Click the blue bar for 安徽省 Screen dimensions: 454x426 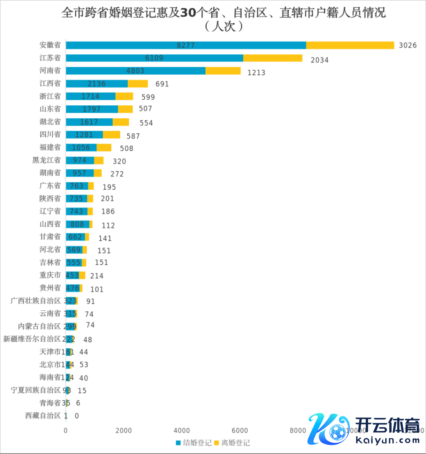(186, 45)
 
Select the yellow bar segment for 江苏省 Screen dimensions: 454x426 (272, 58)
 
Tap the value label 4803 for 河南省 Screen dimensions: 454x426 (135, 71)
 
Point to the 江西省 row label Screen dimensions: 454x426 (50, 83)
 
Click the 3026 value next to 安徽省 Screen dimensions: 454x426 (407, 45)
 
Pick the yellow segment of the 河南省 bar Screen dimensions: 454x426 (223, 71)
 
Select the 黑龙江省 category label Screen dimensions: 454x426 (47, 160)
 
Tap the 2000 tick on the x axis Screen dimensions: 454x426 (124, 430)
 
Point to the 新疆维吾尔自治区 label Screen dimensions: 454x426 (32, 339)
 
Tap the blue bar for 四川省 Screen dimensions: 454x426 (84, 135)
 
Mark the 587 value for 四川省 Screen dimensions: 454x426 (133, 136)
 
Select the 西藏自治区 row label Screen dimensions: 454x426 (43, 415)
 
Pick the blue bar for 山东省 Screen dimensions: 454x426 (92, 109)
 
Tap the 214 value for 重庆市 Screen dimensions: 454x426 (97, 275)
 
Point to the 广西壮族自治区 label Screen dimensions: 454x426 (36, 300)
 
